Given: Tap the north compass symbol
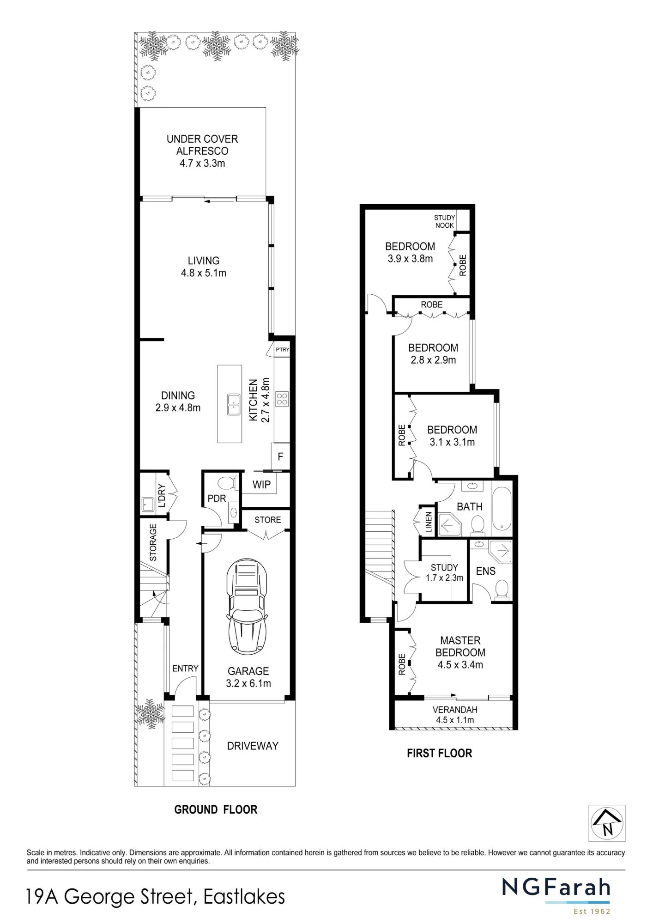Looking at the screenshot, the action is point(607,823).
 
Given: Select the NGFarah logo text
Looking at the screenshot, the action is point(556,887).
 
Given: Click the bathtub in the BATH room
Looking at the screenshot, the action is point(502,508).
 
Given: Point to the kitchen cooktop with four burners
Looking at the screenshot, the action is point(282,399).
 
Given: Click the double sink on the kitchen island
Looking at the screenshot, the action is point(234,405).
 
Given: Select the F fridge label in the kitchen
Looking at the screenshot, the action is point(280,457).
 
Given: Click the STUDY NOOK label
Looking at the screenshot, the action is point(444,221).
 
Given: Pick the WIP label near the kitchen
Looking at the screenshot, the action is point(261,485).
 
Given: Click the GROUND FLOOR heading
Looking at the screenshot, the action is point(216,809).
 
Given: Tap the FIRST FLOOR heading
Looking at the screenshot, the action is point(440,753).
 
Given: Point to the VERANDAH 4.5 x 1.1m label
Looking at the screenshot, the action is point(455,715).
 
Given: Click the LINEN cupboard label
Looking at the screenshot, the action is point(429,522).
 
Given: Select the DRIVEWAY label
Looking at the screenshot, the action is point(253,746).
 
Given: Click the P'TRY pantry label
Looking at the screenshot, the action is point(282,350).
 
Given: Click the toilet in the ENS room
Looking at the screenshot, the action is point(502,590).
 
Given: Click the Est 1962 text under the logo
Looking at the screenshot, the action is point(592,912).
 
